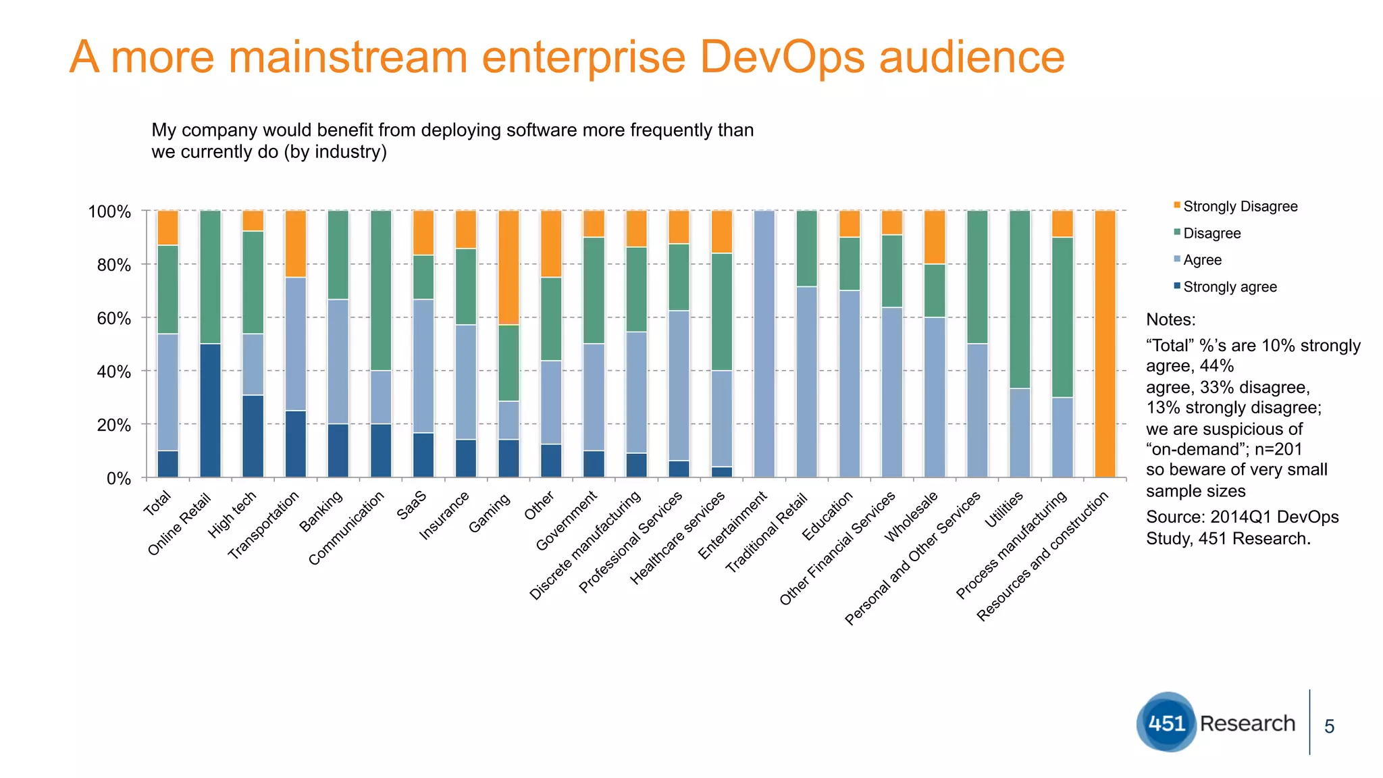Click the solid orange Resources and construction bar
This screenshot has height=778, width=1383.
[x=1105, y=344]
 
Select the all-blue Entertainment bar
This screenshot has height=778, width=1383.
[x=764, y=344]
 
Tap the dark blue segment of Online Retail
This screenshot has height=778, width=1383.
[x=210, y=411]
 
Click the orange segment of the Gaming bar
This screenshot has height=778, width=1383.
[x=508, y=267]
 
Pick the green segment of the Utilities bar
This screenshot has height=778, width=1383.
[x=1020, y=299]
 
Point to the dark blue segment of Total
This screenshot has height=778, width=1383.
[x=167, y=464]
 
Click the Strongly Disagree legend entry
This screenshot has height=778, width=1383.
[x=1240, y=207]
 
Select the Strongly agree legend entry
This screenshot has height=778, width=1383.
[x=1229, y=287]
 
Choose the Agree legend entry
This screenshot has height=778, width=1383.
[x=1202, y=260]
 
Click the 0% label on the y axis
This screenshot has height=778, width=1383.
[x=118, y=479]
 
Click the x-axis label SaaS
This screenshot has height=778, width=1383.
[x=411, y=505]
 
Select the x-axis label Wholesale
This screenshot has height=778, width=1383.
[x=912, y=517]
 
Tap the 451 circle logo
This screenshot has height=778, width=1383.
[x=1166, y=723]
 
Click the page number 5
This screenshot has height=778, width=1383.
[x=1329, y=727]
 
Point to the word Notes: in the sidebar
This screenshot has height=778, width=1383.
[x=1171, y=319]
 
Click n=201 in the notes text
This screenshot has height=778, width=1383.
[x=1278, y=449]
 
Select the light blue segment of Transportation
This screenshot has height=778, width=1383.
[x=295, y=344]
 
